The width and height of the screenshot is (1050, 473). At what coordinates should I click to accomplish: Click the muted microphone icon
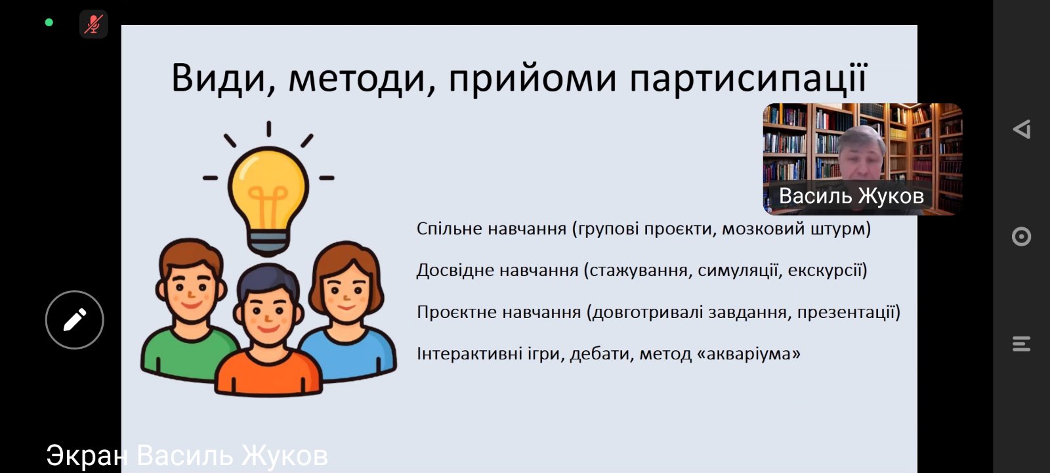93,24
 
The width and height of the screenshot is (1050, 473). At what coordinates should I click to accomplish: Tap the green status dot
49,22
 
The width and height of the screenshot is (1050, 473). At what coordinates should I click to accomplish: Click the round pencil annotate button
75,320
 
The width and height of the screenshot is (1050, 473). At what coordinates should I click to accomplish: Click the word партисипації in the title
749,78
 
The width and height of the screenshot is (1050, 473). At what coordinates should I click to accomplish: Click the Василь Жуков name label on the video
851,196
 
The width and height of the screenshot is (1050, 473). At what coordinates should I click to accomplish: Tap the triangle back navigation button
1021,129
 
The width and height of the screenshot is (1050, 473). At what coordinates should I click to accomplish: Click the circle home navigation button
1021,236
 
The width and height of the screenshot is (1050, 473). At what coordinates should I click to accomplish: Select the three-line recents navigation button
1021,344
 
